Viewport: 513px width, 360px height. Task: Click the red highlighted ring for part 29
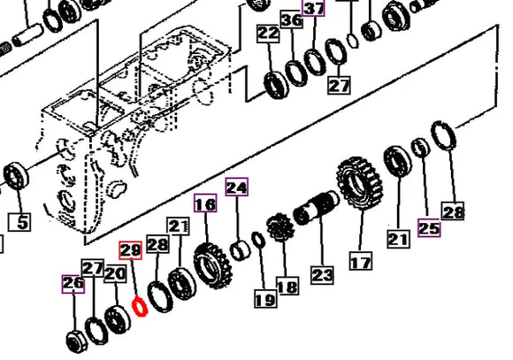(x=138, y=307)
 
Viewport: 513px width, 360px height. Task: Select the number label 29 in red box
(x=130, y=252)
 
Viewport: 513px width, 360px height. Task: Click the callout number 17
(x=361, y=262)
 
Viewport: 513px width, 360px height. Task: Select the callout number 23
(x=322, y=274)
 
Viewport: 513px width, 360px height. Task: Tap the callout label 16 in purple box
(x=205, y=205)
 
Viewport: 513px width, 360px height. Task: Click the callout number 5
(x=22, y=221)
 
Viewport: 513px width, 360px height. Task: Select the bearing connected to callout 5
(x=16, y=176)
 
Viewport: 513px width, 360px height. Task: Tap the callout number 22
(x=268, y=34)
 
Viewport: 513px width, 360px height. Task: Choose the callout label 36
(x=291, y=20)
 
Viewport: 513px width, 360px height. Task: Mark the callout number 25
(x=429, y=229)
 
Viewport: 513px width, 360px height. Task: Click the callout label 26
(x=73, y=284)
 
